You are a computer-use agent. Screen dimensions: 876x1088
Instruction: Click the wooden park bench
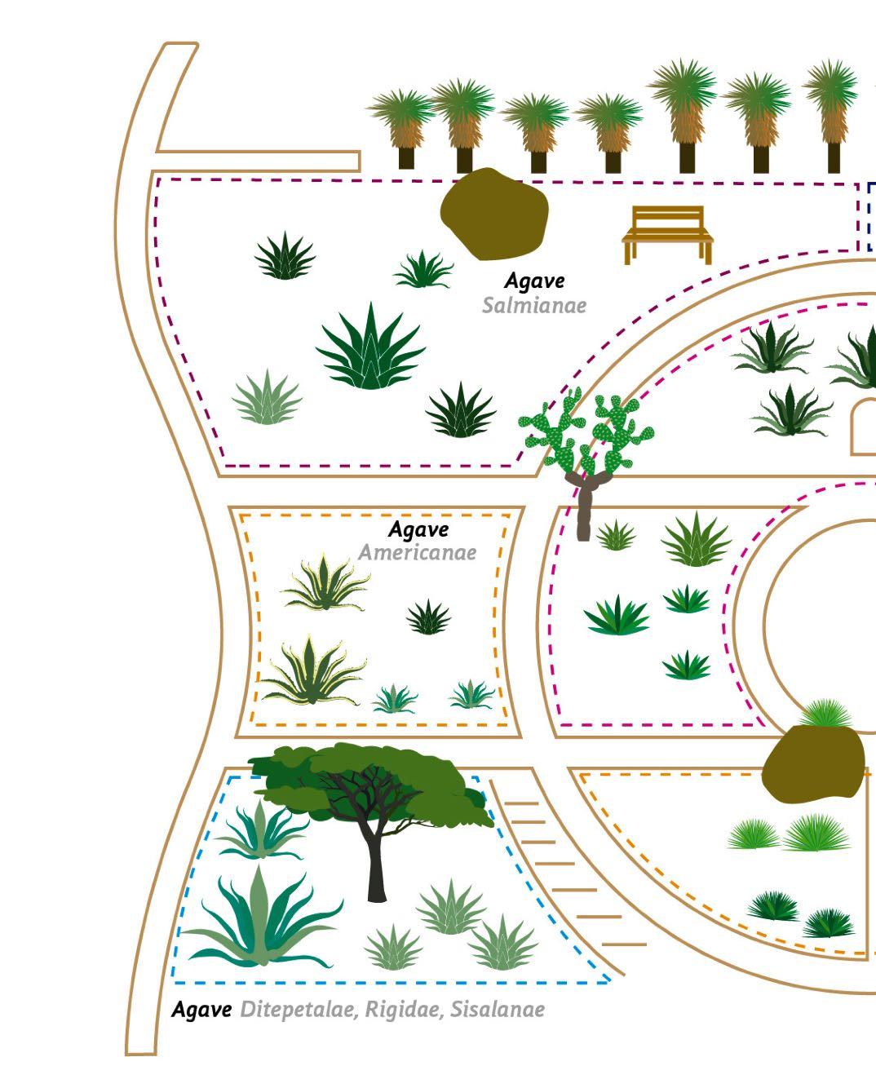pos(667,233)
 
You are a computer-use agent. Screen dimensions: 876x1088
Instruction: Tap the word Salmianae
pos(533,306)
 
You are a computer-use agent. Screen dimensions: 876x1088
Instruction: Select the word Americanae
pos(417,553)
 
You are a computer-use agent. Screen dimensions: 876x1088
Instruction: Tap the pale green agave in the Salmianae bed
pos(267,398)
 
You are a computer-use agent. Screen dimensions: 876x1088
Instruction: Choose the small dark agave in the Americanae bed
pos(428,617)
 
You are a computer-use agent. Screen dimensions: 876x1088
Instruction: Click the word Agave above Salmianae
pos(534,281)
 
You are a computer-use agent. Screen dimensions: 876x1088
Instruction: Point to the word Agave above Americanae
pos(418,530)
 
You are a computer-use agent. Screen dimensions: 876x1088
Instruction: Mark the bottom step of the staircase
pos(624,944)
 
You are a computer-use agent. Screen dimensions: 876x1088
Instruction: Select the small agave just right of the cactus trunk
pos(616,536)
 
